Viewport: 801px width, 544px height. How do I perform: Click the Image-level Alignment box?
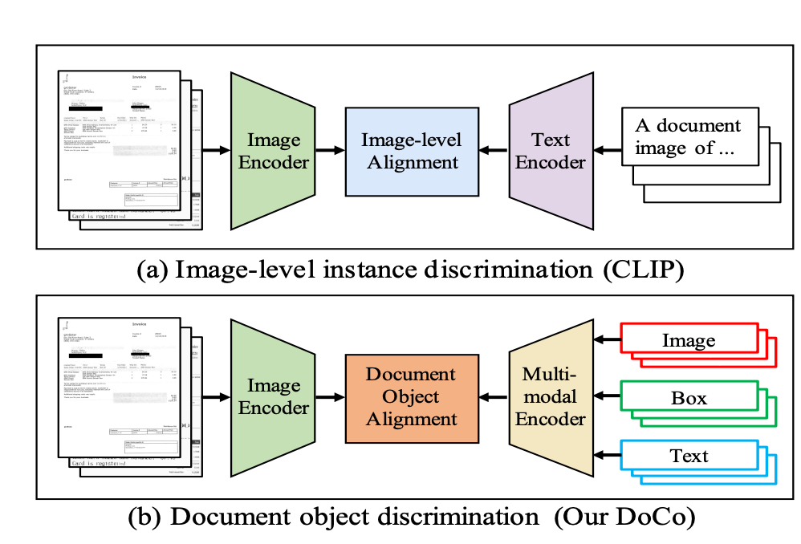pos(411,151)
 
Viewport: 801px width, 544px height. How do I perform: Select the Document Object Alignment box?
pos(411,396)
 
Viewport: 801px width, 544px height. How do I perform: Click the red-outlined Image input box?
pos(689,341)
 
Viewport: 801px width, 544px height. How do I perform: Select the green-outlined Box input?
pos(689,397)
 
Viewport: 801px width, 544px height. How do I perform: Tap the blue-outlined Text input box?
pos(689,456)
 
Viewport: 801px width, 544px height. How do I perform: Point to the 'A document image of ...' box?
pos(688,137)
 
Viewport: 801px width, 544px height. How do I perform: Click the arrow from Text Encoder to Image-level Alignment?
pos(493,151)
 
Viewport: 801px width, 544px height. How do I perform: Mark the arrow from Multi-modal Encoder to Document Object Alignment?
pos(493,396)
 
